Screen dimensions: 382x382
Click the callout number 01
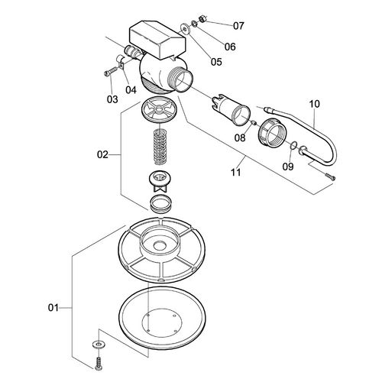53,308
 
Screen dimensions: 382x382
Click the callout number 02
102,155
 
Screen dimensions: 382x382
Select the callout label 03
112,99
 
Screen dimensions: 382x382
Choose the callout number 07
238,25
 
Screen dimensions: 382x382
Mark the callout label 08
241,138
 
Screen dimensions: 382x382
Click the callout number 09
288,165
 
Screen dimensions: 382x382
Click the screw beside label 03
109,73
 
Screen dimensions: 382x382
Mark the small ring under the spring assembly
160,203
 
